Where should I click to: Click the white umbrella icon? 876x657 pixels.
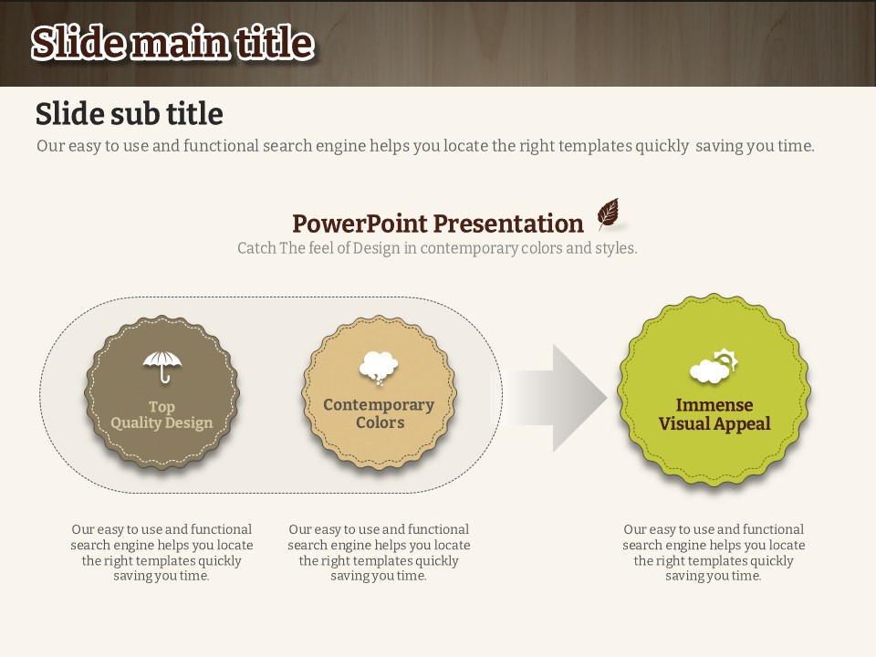(x=162, y=366)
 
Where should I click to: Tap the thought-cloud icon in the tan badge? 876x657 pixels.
(x=379, y=368)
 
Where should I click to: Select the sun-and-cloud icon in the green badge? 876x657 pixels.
(x=714, y=366)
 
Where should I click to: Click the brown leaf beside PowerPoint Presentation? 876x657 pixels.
(x=609, y=213)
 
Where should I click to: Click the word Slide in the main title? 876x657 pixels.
(x=78, y=43)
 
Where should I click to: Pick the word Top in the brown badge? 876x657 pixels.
(x=162, y=407)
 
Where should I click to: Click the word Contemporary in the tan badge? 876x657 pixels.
(x=379, y=405)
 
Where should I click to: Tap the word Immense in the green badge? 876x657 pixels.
(x=714, y=404)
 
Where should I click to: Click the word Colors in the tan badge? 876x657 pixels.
(x=380, y=422)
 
